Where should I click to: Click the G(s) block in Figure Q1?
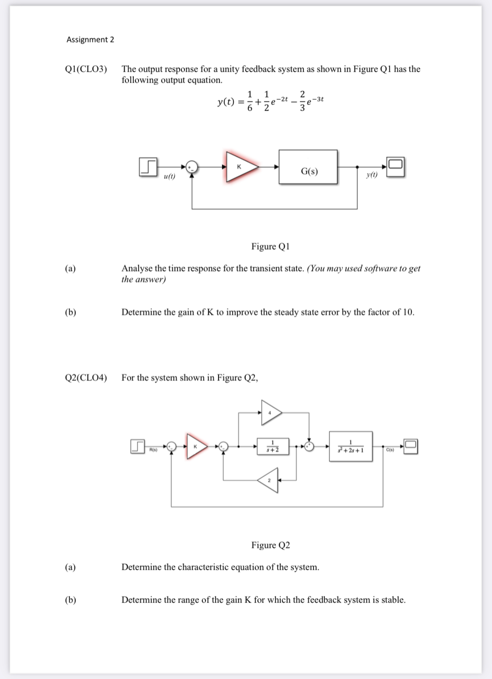click(x=308, y=167)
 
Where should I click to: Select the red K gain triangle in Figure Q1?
click(x=240, y=166)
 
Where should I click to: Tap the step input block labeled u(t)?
click(x=148, y=167)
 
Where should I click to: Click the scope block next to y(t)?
click(x=395, y=167)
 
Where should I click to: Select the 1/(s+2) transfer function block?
click(x=273, y=446)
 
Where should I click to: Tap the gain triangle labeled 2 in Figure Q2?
click(x=270, y=480)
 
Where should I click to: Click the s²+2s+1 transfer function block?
click(x=351, y=447)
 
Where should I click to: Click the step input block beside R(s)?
click(x=138, y=447)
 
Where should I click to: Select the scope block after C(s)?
click(x=410, y=447)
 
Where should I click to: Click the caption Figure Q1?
click(x=270, y=246)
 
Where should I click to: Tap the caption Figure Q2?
click(x=270, y=545)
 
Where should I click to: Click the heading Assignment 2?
click(x=90, y=40)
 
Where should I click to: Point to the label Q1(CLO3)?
click(x=86, y=69)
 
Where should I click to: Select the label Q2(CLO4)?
click(x=86, y=378)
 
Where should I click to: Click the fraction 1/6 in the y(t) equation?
click(x=250, y=101)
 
